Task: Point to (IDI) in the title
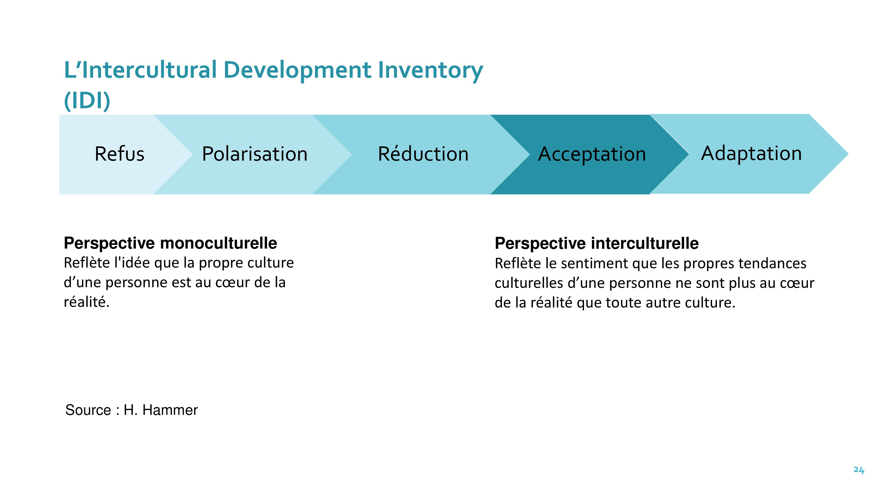(x=87, y=101)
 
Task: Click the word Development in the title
(x=297, y=70)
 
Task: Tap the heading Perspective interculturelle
(x=596, y=243)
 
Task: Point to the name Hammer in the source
(x=170, y=410)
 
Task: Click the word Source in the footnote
(x=88, y=410)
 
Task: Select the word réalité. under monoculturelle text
(x=87, y=302)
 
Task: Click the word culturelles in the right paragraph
(x=529, y=283)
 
